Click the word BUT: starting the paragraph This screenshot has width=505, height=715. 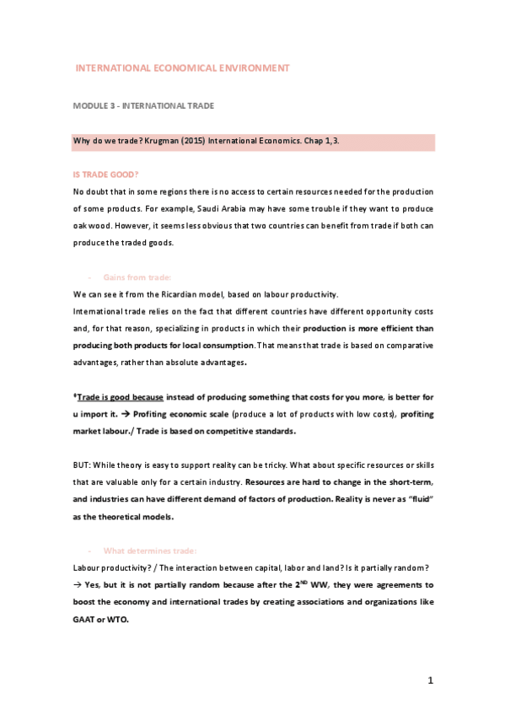coord(84,465)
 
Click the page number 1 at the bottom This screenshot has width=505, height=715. coord(430,680)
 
